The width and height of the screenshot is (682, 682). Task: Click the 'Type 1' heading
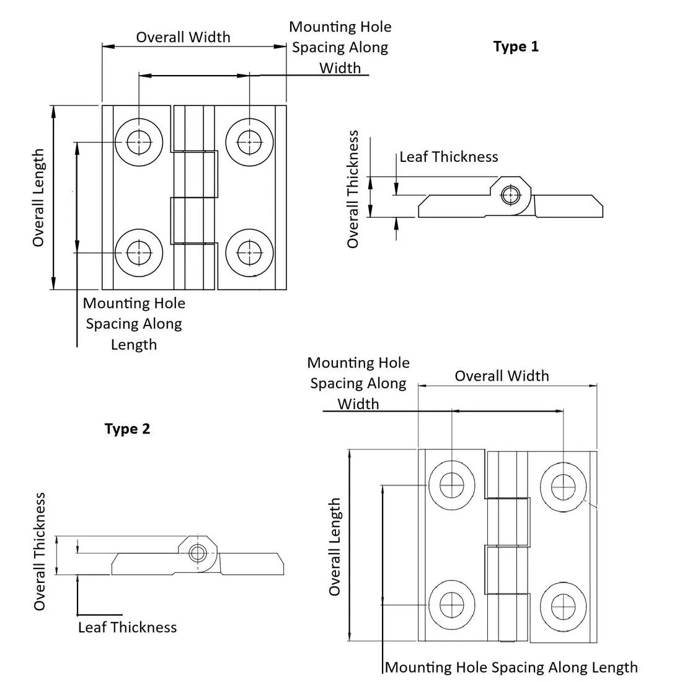pyautogui.click(x=516, y=46)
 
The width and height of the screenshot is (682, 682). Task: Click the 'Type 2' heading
pyautogui.click(x=127, y=428)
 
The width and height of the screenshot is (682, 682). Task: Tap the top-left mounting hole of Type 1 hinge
pyautogui.click(x=139, y=142)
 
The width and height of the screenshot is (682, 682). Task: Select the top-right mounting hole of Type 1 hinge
pyautogui.click(x=249, y=142)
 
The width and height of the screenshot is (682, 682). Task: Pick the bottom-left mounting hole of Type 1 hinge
pyautogui.click(x=139, y=252)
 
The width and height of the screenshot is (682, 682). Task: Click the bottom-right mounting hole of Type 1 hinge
pyautogui.click(x=249, y=252)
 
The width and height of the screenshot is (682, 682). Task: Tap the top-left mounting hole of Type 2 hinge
pyautogui.click(x=452, y=484)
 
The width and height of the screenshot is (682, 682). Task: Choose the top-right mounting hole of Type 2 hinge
pyautogui.click(x=563, y=485)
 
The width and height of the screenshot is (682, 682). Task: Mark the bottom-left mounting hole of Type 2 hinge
pyautogui.click(x=452, y=603)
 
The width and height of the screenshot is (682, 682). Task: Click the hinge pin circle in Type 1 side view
pyautogui.click(x=510, y=195)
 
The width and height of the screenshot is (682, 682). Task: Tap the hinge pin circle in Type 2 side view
pyautogui.click(x=198, y=553)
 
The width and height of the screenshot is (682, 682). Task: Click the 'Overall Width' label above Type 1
pyautogui.click(x=183, y=37)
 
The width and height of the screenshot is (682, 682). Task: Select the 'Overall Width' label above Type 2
pyautogui.click(x=502, y=376)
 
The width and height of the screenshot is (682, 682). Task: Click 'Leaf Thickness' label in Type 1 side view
pyautogui.click(x=448, y=157)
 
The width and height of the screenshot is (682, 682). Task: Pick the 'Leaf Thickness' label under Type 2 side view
pyautogui.click(x=127, y=627)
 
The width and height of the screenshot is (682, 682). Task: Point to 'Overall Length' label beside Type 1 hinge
pyautogui.click(x=38, y=198)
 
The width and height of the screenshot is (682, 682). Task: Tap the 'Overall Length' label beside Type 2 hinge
pyautogui.click(x=335, y=546)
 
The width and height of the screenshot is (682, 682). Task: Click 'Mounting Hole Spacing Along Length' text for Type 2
pyautogui.click(x=511, y=668)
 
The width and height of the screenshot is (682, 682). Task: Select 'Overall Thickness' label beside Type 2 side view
pyautogui.click(x=40, y=552)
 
